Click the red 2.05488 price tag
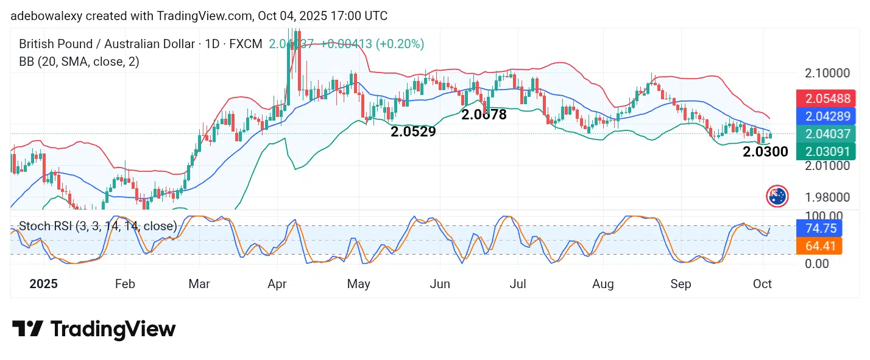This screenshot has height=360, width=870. [826, 98]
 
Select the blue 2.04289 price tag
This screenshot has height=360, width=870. [826, 116]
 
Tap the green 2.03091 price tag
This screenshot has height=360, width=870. [826, 151]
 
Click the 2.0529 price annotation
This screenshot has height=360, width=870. [413, 132]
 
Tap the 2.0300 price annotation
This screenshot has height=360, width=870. [765, 152]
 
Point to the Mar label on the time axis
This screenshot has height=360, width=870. [199, 284]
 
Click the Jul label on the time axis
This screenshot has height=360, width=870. [518, 284]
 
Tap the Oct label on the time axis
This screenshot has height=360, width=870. [762, 284]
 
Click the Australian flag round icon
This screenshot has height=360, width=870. [777, 196]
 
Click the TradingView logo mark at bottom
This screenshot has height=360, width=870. [27, 330]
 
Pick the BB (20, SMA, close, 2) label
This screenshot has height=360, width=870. [79, 62]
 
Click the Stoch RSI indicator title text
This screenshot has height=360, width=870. [97, 227]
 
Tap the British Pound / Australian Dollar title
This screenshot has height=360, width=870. [107, 44]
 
